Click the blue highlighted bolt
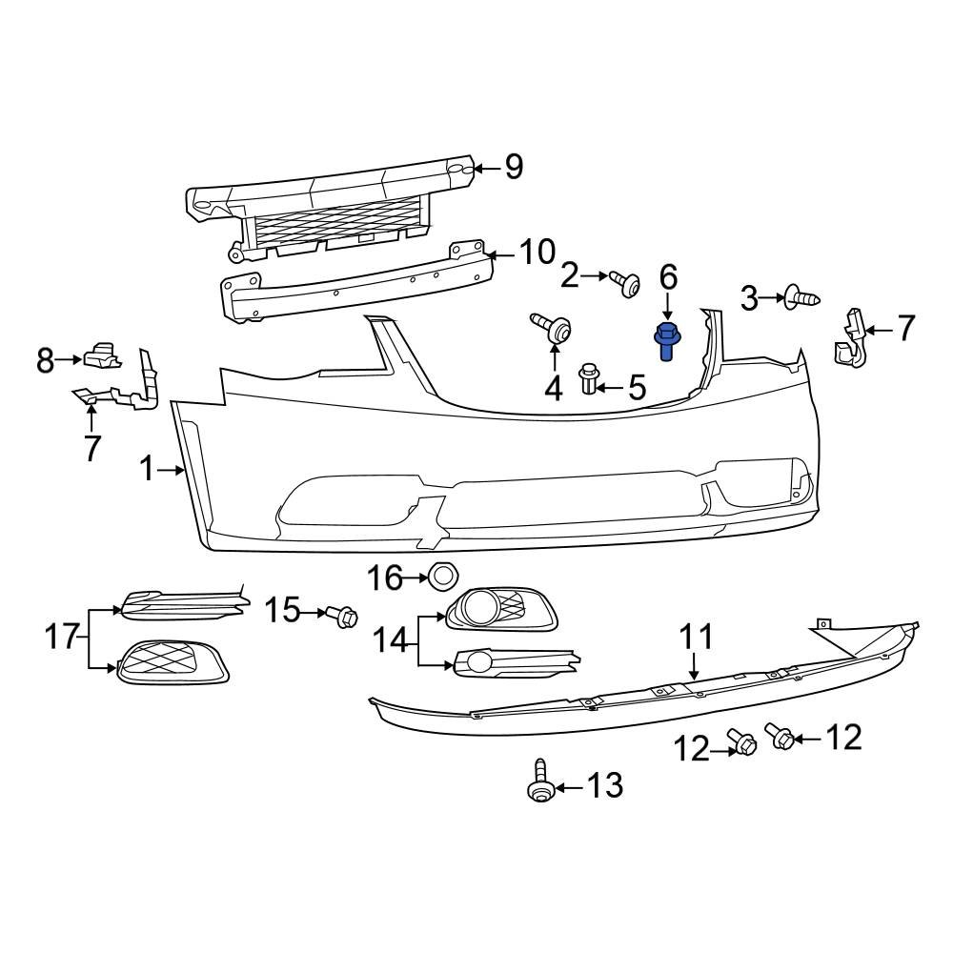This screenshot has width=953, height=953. pos(667,342)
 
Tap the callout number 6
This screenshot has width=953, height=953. pos(668,277)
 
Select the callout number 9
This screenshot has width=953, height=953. pos(514,168)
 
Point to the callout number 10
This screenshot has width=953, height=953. pos(537,253)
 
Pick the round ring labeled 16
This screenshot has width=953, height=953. pos(443,577)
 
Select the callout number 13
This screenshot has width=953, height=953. pos(604,786)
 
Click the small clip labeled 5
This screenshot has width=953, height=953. pos(590,378)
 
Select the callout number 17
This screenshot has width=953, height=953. pos(63,636)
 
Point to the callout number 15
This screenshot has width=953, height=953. pos(282,610)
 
